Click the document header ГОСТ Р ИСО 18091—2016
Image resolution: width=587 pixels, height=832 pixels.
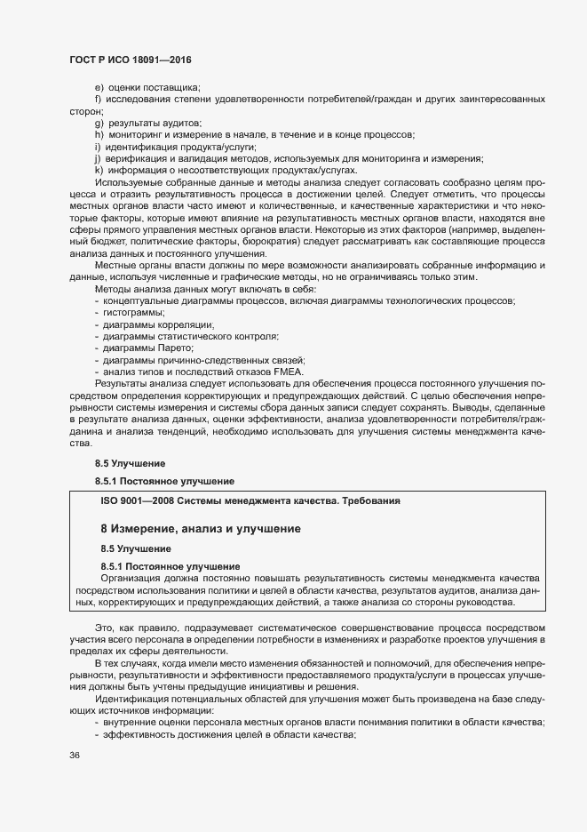coord(131,60)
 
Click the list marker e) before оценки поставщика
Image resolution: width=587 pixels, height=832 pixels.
coord(99,87)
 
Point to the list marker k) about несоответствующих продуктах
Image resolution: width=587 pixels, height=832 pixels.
coord(99,170)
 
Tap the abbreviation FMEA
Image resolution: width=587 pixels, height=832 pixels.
coord(289,372)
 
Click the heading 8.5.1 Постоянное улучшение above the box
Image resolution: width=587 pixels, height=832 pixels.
coord(164,482)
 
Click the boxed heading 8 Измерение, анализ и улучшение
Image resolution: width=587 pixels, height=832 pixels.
coord(200,529)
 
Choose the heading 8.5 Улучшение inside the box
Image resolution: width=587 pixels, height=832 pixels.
coord(135,548)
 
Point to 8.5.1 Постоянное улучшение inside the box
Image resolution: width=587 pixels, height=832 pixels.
coord(171,566)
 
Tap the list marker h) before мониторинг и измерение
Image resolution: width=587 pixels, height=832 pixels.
coord(99,134)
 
